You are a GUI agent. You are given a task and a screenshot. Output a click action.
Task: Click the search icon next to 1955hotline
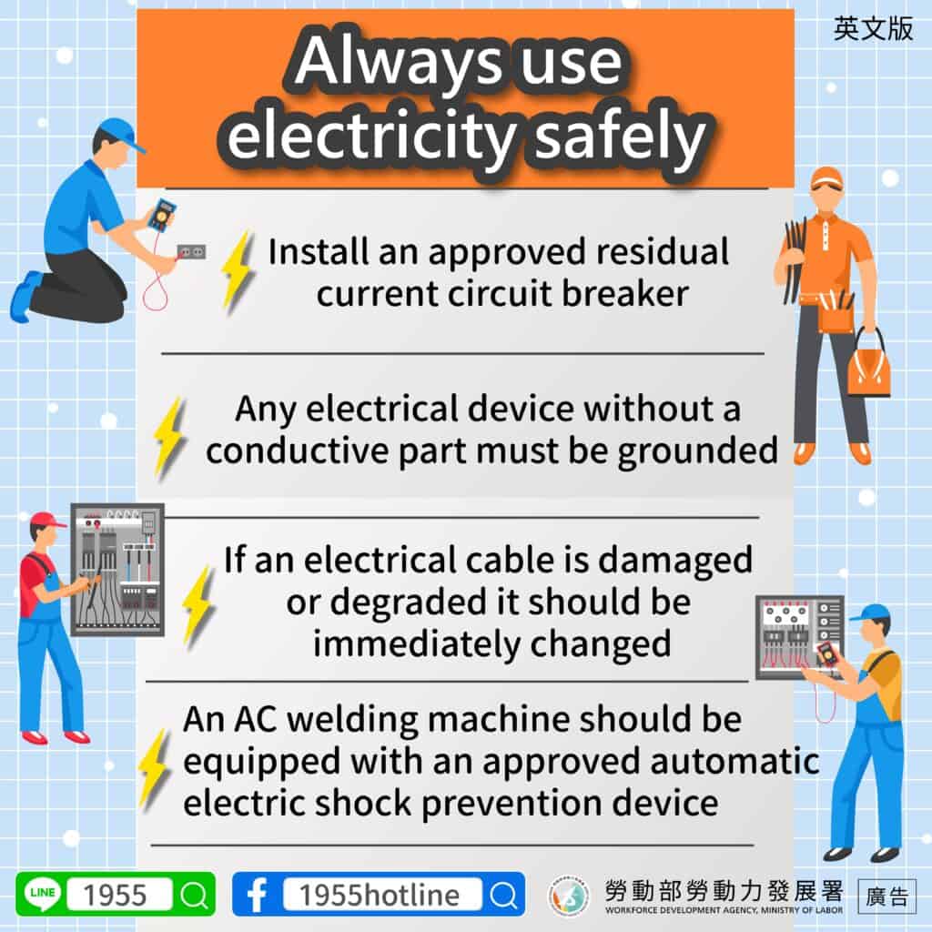click(503, 896)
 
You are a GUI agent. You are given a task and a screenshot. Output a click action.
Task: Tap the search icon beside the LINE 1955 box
click(194, 896)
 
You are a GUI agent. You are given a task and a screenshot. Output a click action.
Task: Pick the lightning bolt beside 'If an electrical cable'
click(197, 604)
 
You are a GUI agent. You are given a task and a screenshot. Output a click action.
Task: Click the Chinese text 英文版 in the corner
click(873, 29)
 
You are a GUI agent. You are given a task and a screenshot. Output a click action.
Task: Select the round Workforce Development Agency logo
click(568, 896)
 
